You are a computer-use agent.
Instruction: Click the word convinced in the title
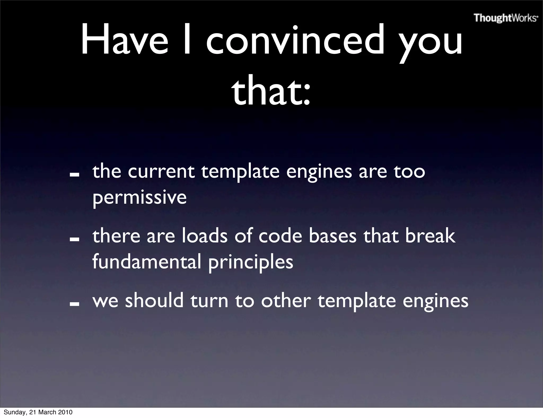point(295,40)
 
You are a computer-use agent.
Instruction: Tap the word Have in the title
point(125,40)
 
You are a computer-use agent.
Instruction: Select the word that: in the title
point(271,92)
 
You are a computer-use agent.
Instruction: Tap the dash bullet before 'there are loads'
point(75,239)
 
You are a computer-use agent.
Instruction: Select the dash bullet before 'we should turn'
point(75,304)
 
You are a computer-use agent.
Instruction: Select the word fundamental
point(147,262)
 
